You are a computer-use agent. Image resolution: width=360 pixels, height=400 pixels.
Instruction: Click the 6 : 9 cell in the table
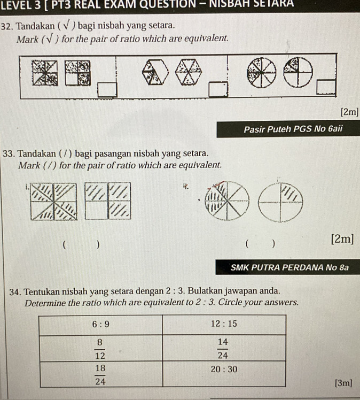101,324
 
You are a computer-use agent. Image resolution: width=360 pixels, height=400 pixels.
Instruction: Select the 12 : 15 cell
223,324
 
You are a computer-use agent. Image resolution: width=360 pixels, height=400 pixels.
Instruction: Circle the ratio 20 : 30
223,370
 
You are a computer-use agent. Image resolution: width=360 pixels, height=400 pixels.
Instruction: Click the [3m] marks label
343,383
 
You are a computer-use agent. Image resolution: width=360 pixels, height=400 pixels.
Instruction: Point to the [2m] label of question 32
350,112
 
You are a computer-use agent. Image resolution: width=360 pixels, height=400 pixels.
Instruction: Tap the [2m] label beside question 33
342,239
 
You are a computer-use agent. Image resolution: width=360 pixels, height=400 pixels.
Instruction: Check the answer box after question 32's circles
326,86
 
